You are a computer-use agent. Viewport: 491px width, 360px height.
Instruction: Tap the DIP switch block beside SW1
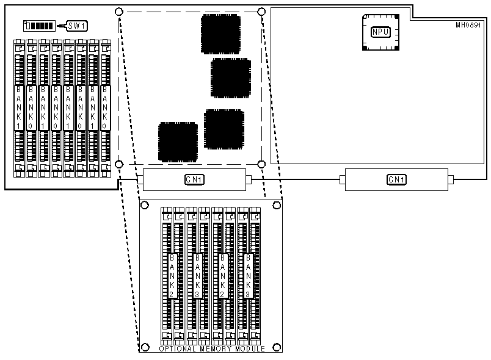tap(38, 26)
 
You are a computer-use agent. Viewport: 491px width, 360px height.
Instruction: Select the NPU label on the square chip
tap(380, 31)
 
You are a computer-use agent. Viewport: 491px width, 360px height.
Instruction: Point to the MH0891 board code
tap(468, 26)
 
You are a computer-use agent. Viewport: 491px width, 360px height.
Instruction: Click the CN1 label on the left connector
tap(194, 179)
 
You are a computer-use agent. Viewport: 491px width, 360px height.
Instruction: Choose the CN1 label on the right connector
tap(397, 179)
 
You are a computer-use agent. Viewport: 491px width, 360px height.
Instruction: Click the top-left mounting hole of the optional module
tap(145, 204)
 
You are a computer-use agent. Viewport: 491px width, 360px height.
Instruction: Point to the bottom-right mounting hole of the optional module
tap(277, 347)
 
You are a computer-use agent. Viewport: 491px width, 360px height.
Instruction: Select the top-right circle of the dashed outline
tap(262, 12)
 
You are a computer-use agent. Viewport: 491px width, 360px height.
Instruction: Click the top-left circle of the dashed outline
tap(119, 12)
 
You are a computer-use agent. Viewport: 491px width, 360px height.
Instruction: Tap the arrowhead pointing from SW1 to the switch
tap(59, 26)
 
